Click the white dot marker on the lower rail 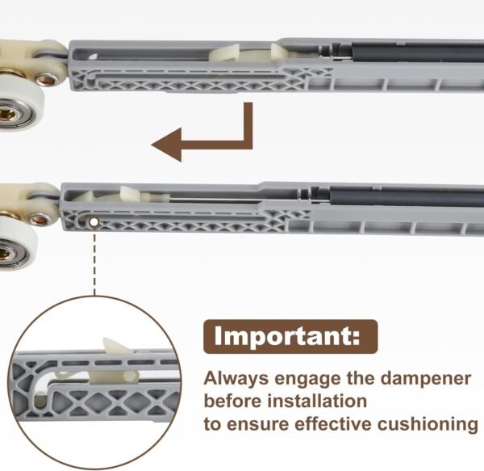point(94,221)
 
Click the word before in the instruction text point(227,401)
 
